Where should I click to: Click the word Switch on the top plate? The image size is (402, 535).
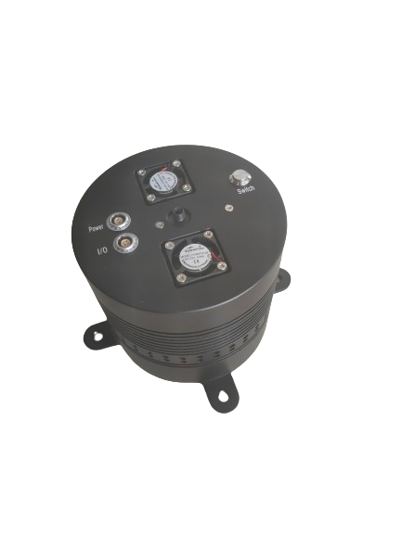coord(246,191)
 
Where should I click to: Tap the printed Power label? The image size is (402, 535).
coord(96,226)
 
